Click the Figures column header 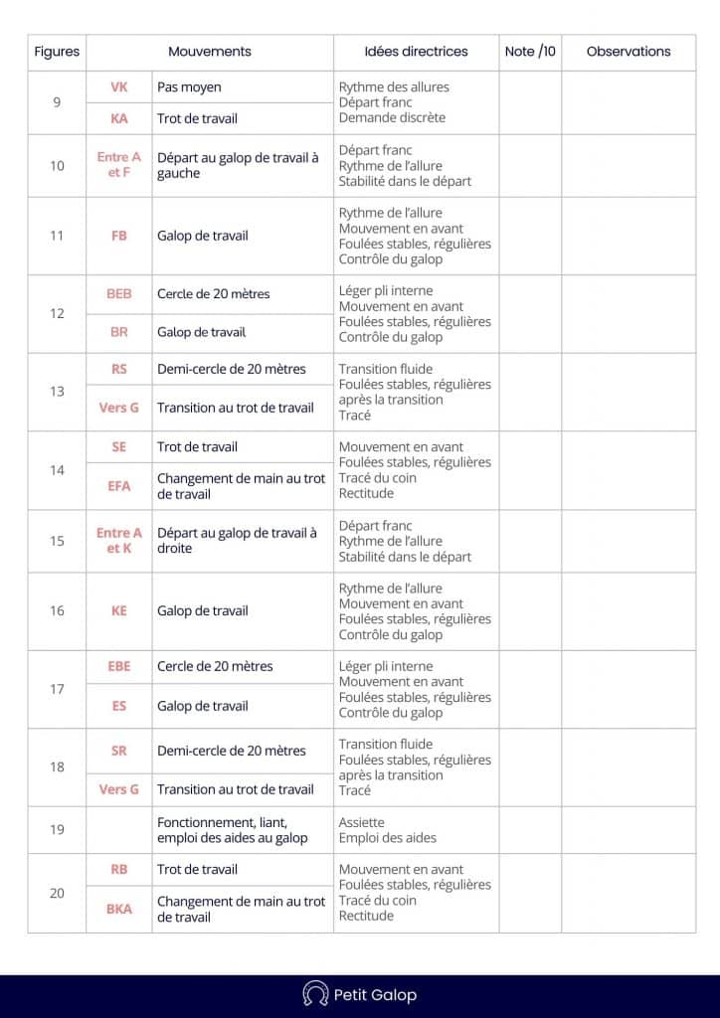coord(57,52)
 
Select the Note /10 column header coord(530,52)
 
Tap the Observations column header coord(629,52)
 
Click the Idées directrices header coord(416,52)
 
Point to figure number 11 coord(57,236)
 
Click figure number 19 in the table coord(57,830)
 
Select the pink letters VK coord(119,87)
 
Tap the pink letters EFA coord(119,486)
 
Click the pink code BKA coord(119,909)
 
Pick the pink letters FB coord(119,236)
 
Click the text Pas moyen coord(189,87)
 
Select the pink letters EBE coord(119,666)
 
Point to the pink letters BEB coord(119,294)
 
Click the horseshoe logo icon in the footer coord(315,994)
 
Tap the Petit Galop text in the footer coord(375,995)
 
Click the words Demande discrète coord(392,117)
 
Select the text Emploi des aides coord(387,838)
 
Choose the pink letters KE coord(119,611)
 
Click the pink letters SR coord(119,752)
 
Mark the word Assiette coord(361,823)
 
